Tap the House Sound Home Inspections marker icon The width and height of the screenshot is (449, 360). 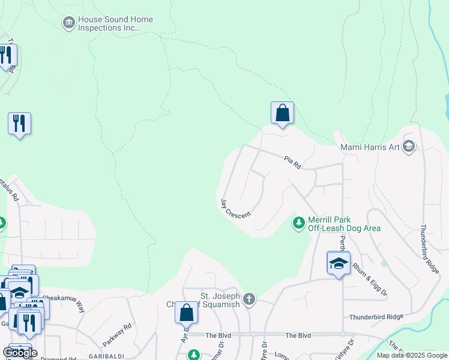pyautogui.click(x=68, y=23)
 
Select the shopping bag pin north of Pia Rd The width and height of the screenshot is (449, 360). pyautogui.click(x=282, y=113)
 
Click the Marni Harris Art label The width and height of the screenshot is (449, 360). pyautogui.click(x=370, y=146)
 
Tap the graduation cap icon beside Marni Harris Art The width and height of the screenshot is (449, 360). pyautogui.click(x=409, y=146)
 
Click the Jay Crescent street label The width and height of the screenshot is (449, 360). pyautogui.click(x=235, y=208)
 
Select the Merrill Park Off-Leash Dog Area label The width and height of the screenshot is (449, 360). pyautogui.click(x=343, y=224)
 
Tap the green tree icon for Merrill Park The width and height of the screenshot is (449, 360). pyautogui.click(x=298, y=223)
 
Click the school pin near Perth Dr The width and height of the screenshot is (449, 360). pyautogui.click(x=339, y=263)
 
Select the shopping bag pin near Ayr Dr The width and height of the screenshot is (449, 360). pyautogui.click(x=186, y=313)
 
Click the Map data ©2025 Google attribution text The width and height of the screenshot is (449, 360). pyautogui.click(x=412, y=355)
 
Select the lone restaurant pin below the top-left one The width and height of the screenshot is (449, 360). pyautogui.click(x=19, y=124)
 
